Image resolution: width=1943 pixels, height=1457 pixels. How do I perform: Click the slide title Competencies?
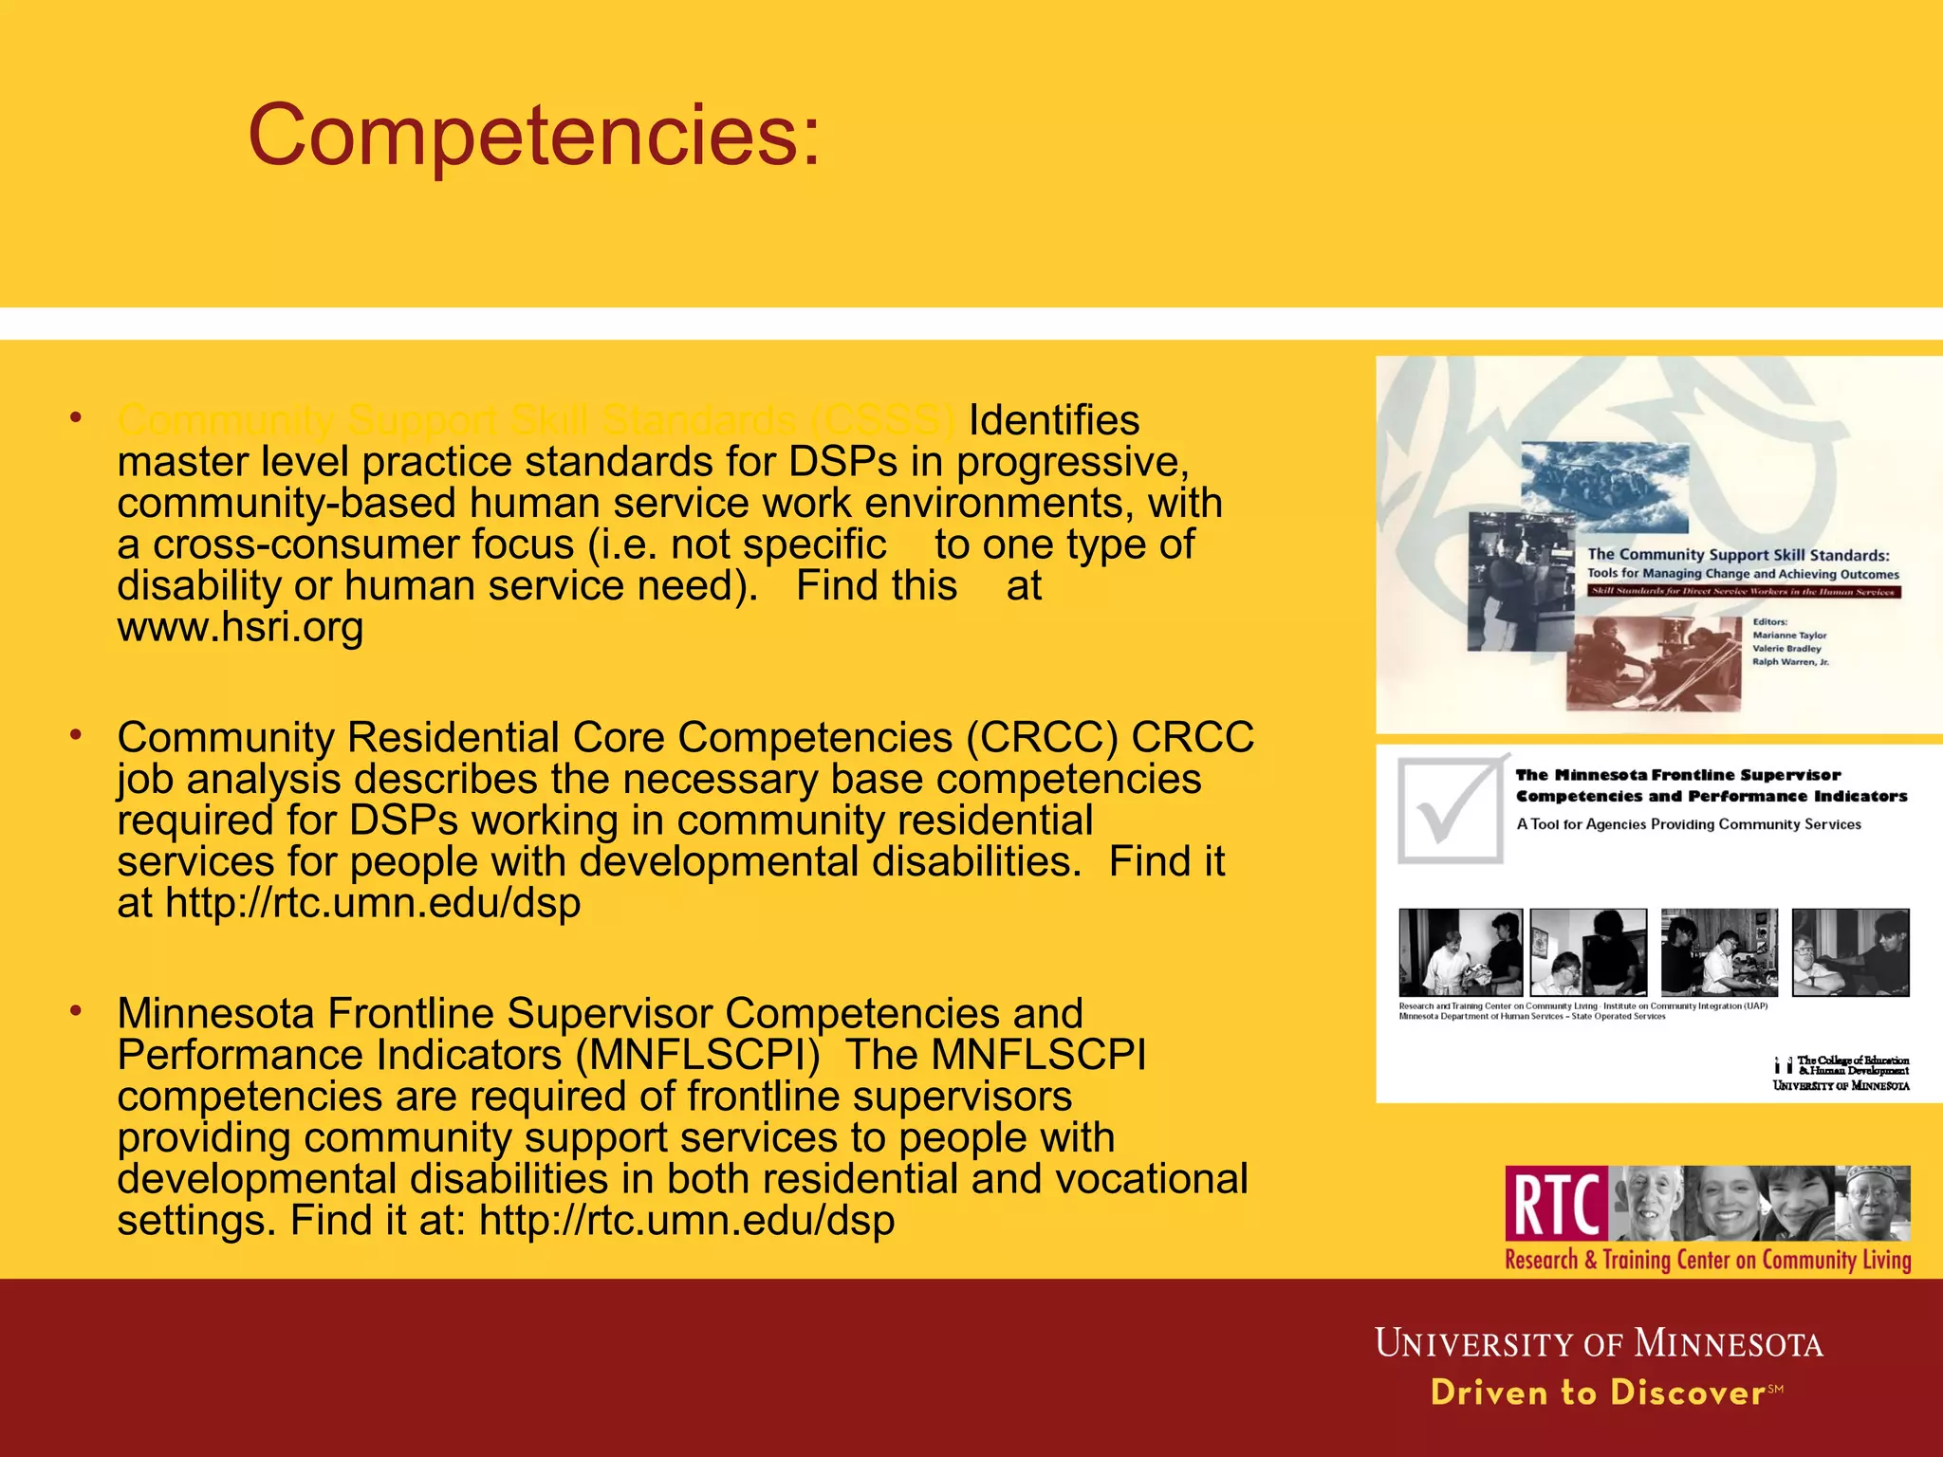pyautogui.click(x=533, y=136)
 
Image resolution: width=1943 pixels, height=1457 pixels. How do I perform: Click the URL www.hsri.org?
pyautogui.click(x=240, y=627)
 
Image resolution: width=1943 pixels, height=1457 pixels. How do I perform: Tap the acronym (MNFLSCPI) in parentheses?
pyautogui.click(x=697, y=1055)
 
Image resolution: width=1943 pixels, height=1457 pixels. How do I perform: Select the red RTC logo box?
pyautogui.click(x=1556, y=1204)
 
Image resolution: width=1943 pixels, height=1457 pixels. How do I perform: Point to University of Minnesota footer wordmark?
pyautogui.click(x=1599, y=1344)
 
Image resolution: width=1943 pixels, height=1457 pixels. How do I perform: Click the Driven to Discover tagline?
pyautogui.click(x=1599, y=1392)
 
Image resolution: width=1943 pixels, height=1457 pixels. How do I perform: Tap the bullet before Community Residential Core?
pyautogui.click(x=76, y=735)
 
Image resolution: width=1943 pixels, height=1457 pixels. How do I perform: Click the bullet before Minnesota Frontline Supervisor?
pyautogui.click(x=76, y=1011)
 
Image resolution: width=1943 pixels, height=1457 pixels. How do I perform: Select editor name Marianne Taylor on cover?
pyautogui.click(x=1789, y=636)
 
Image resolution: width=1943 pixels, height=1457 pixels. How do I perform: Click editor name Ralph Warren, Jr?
pyautogui.click(x=1790, y=662)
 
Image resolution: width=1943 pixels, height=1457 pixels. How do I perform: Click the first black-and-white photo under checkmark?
pyautogui.click(x=1460, y=952)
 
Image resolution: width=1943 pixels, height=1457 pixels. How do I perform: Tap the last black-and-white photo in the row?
pyautogui.click(x=1850, y=952)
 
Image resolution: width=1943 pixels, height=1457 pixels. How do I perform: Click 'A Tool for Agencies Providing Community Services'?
pyautogui.click(x=1689, y=824)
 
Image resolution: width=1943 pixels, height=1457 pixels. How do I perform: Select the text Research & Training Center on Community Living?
pyautogui.click(x=1708, y=1260)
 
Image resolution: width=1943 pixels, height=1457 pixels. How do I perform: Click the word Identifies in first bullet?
pyautogui.click(x=1053, y=420)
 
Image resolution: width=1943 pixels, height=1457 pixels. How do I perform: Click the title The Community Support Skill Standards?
pyautogui.click(x=1738, y=555)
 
